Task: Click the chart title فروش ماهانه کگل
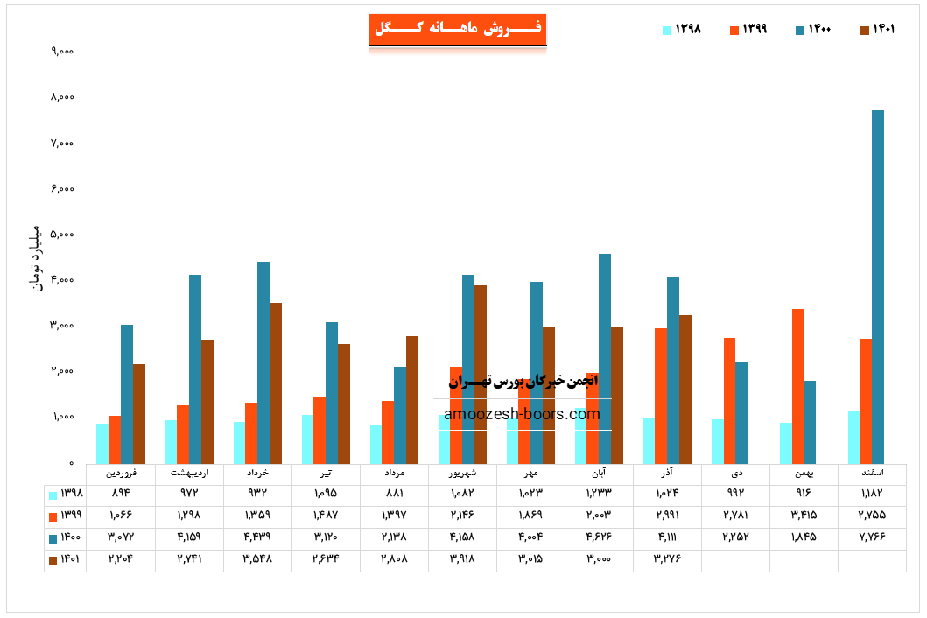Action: (x=458, y=28)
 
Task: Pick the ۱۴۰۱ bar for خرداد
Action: (x=276, y=383)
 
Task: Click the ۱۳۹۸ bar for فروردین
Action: (x=102, y=443)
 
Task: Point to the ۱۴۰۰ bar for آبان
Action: (x=605, y=358)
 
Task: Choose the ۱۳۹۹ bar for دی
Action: (x=729, y=400)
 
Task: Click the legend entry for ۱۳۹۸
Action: (x=682, y=29)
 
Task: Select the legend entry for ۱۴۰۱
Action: (x=878, y=29)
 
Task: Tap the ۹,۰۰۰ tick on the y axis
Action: (x=61, y=51)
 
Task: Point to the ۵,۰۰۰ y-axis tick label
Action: (x=61, y=235)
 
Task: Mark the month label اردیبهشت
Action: (x=189, y=473)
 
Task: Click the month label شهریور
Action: (x=462, y=473)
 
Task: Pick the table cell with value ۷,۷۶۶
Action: (x=872, y=537)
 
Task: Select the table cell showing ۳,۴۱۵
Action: (x=804, y=516)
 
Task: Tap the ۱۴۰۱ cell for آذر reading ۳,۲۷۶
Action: (x=667, y=558)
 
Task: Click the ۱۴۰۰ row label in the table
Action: (x=66, y=537)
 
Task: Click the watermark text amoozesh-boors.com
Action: (x=523, y=414)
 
